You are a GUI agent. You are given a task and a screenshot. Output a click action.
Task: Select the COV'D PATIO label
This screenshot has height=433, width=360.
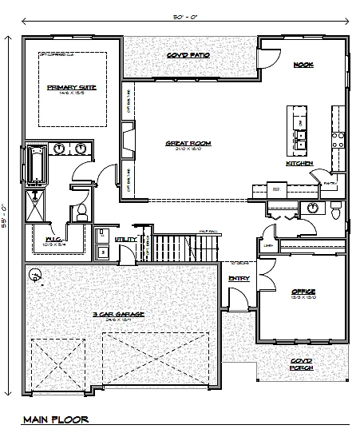pyautogui.click(x=188, y=55)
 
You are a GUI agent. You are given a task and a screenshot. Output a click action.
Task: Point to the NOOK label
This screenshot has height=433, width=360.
pyautogui.click(x=303, y=64)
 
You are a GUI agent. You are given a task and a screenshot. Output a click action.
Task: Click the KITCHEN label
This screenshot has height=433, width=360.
pyautogui.click(x=299, y=163)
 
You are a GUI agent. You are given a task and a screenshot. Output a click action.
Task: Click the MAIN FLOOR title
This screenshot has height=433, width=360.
pyautogui.click(x=55, y=419)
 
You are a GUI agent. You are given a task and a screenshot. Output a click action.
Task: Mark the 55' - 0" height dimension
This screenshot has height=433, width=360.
pyautogui.click(x=7, y=215)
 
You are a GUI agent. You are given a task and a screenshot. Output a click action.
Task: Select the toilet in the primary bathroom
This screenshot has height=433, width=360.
pyautogui.click(x=81, y=213)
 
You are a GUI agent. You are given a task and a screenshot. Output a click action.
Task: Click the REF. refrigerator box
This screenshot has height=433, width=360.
pyautogui.click(x=276, y=190)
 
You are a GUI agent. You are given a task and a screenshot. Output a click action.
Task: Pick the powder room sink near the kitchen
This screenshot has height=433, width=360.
pyautogui.click(x=311, y=208)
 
